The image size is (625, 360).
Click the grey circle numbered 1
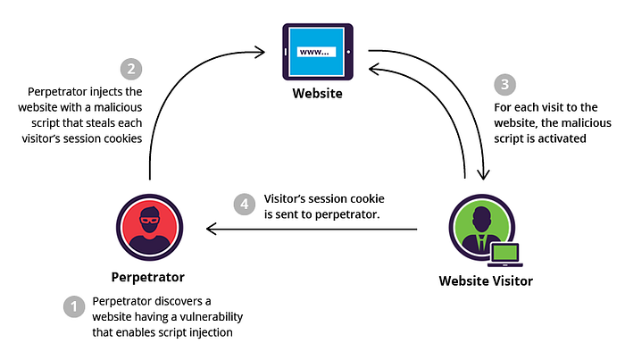pos(74,306)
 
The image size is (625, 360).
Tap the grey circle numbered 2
pos(131,69)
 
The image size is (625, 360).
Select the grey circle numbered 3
pos(504,84)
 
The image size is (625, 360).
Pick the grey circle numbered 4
pos(245,205)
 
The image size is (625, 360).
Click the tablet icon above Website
pos(318,52)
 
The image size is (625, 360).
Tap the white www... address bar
pos(316,52)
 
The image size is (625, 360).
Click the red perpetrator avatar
pos(149,227)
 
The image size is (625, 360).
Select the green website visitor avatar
pos(482,227)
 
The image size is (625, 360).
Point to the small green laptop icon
pos(505,255)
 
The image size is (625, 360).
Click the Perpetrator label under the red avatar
pos(148,277)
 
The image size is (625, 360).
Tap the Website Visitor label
pos(486,281)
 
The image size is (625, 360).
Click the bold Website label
pos(317,93)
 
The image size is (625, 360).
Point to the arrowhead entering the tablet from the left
pos(261,52)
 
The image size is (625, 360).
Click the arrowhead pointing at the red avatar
pos(211,229)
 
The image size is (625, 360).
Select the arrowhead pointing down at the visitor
pos(484,175)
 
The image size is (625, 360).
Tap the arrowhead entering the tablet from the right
pos(373,69)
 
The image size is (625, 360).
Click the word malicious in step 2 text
pos(118,107)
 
